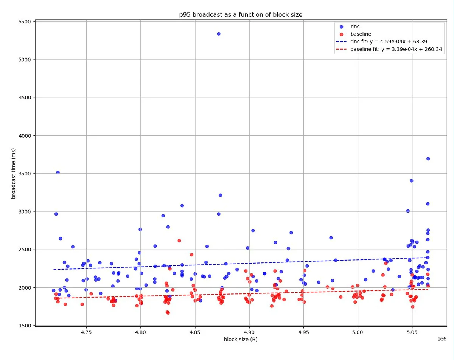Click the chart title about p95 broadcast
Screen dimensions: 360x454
(x=241, y=15)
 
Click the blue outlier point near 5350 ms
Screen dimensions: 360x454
(x=218, y=34)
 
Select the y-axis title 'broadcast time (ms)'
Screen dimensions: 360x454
(x=14, y=173)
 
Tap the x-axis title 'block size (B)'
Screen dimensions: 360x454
(x=241, y=339)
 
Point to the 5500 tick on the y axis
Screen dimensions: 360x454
(x=25, y=22)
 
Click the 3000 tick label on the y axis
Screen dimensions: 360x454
(x=25, y=212)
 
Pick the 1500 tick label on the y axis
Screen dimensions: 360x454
(x=25, y=326)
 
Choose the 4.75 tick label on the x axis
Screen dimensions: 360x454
(x=86, y=332)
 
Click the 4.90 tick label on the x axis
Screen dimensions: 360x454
(x=249, y=332)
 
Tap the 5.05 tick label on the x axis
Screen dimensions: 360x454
(x=412, y=332)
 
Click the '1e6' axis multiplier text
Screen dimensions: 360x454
(x=441, y=339)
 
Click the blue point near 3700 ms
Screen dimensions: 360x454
(x=428, y=158)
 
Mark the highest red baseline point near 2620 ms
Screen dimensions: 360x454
(x=179, y=241)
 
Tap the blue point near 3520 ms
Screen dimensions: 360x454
(x=58, y=172)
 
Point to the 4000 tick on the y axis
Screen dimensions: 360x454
(x=25, y=136)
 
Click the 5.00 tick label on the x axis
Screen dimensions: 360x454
(x=358, y=332)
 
